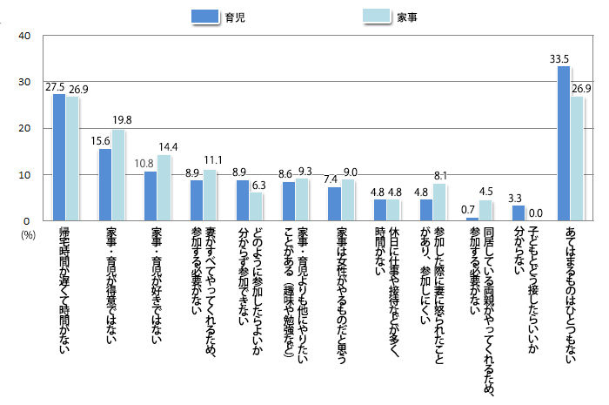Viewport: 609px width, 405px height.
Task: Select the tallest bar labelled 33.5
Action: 564,143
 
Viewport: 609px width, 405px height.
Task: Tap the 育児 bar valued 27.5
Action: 59,157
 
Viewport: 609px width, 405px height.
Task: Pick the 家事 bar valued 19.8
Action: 118,175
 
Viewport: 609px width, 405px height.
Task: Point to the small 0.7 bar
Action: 472,219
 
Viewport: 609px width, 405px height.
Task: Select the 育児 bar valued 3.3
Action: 519,213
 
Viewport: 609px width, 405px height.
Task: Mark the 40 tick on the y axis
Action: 24,37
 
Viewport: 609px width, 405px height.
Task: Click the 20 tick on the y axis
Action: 24,129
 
